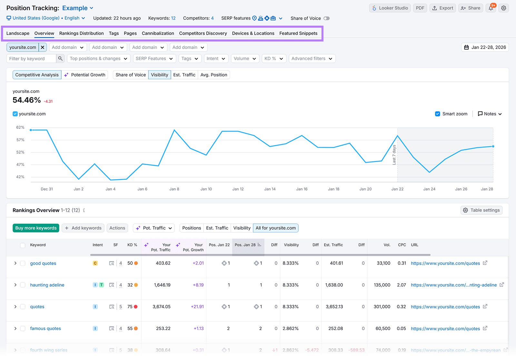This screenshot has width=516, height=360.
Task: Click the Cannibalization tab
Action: (158, 33)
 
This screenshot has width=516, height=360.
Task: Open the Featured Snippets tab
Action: (298, 33)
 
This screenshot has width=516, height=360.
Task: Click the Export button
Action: (442, 8)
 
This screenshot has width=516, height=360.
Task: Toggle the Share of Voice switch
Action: (326, 18)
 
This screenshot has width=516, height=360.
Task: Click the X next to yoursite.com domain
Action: (43, 47)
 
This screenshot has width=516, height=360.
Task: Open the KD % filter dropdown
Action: (274, 59)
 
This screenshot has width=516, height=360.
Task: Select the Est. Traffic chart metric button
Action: (184, 75)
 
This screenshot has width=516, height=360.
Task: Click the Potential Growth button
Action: (85, 75)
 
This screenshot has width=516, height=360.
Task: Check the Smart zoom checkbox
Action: (438, 114)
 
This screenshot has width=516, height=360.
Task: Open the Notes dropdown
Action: (490, 114)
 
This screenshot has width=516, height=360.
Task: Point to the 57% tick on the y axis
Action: (20, 140)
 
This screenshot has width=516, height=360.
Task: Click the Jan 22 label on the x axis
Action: (397, 189)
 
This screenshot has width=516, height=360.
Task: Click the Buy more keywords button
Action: (36, 228)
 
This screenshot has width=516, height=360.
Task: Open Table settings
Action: (481, 210)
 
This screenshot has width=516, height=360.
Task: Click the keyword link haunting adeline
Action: (47, 285)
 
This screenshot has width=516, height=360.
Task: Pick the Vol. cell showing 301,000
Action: (382, 307)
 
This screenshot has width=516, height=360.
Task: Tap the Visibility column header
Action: (291, 245)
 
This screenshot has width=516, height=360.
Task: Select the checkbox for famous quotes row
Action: (23, 328)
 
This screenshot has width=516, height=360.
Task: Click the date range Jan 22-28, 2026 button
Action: (485, 47)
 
